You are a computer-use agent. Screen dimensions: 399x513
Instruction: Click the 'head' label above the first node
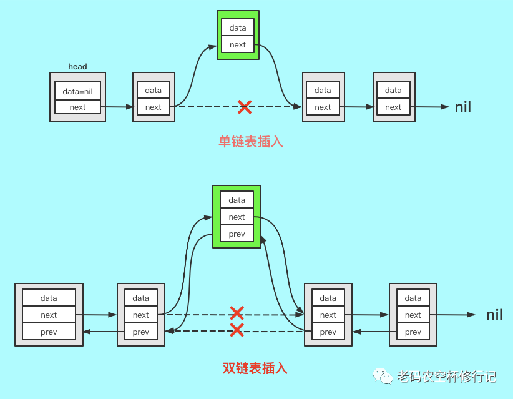click(77, 67)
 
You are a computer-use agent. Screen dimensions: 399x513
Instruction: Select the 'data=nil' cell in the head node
click(77, 91)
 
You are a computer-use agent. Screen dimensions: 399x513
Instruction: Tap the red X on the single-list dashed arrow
click(245, 107)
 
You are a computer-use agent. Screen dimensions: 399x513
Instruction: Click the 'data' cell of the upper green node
click(238, 27)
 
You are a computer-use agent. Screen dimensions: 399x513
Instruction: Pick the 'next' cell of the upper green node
click(238, 44)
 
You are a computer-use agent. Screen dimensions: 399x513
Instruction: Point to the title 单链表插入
click(250, 142)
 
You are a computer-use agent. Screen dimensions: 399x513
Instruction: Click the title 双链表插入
click(255, 368)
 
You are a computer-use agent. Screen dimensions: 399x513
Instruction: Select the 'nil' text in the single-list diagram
click(462, 107)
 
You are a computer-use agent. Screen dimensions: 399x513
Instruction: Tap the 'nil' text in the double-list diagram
click(494, 315)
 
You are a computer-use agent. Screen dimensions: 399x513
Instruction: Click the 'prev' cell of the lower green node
click(237, 234)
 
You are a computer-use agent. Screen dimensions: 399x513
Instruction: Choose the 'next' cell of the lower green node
click(237, 217)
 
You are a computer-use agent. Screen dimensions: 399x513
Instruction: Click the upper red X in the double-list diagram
click(237, 313)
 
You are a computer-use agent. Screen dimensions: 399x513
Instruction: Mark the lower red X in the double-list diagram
click(237, 330)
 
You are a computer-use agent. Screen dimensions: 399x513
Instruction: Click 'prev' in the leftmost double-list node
click(49, 332)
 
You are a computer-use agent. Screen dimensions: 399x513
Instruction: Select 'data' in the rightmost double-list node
click(413, 298)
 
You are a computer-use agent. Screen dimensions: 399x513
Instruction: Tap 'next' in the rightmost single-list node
click(393, 107)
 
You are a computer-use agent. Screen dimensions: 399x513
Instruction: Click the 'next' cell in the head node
click(77, 107)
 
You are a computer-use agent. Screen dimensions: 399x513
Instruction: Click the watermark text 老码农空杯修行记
click(446, 377)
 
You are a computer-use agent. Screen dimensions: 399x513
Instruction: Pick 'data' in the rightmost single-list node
click(393, 90)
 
